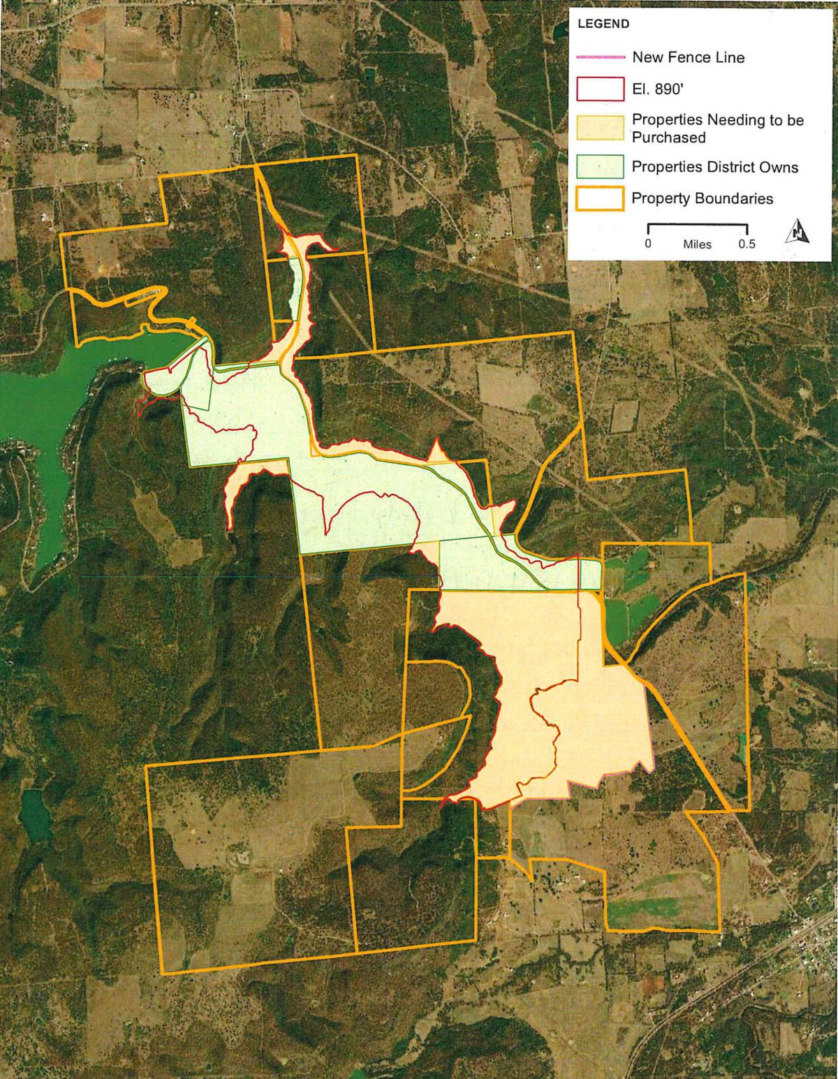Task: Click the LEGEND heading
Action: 603,24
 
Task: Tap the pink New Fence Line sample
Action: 599,57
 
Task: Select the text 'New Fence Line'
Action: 688,57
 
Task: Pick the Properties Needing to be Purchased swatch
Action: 599,127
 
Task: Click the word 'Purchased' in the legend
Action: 668,138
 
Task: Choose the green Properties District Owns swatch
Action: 599,166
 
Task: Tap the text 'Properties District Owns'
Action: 714,167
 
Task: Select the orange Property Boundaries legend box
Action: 599,198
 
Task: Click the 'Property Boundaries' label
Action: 702,199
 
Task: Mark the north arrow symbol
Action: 797,230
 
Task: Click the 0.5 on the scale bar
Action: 747,244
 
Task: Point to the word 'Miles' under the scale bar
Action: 697,245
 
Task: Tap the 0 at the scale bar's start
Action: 648,244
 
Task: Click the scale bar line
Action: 698,226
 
